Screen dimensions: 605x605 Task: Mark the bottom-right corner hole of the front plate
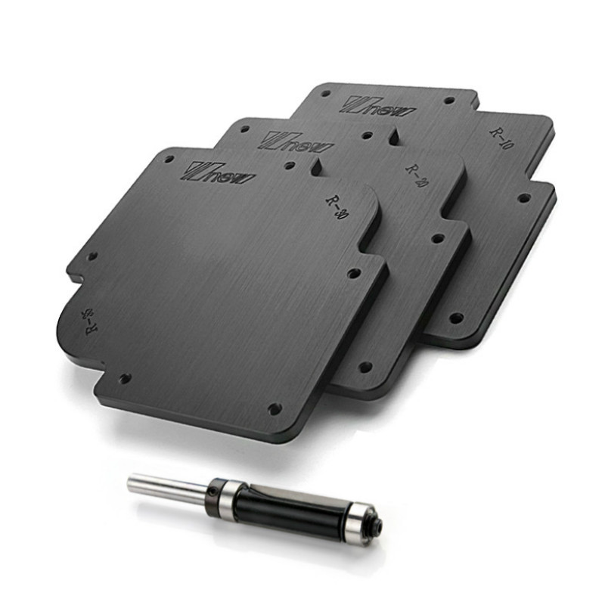(274, 408)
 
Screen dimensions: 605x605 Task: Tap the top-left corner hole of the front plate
(168, 160)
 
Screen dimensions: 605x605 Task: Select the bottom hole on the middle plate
(365, 367)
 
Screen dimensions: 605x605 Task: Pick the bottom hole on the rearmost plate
(455, 318)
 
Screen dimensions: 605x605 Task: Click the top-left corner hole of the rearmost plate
(325, 95)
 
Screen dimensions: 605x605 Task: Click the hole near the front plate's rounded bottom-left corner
(125, 377)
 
